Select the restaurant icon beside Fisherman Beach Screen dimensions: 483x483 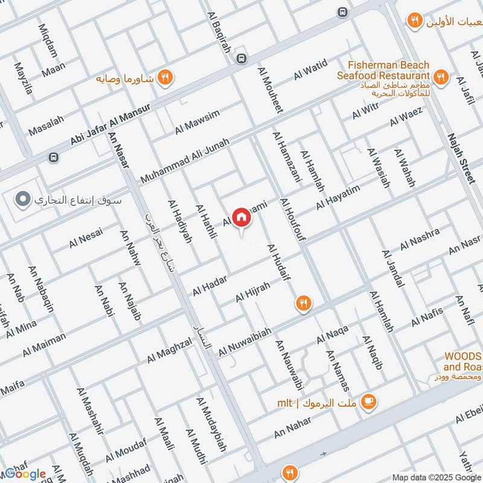pos(441,77)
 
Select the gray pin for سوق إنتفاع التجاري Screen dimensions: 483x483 pos(23,198)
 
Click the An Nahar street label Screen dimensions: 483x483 pos(293,427)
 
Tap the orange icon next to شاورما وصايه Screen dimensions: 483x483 pos(164,77)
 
